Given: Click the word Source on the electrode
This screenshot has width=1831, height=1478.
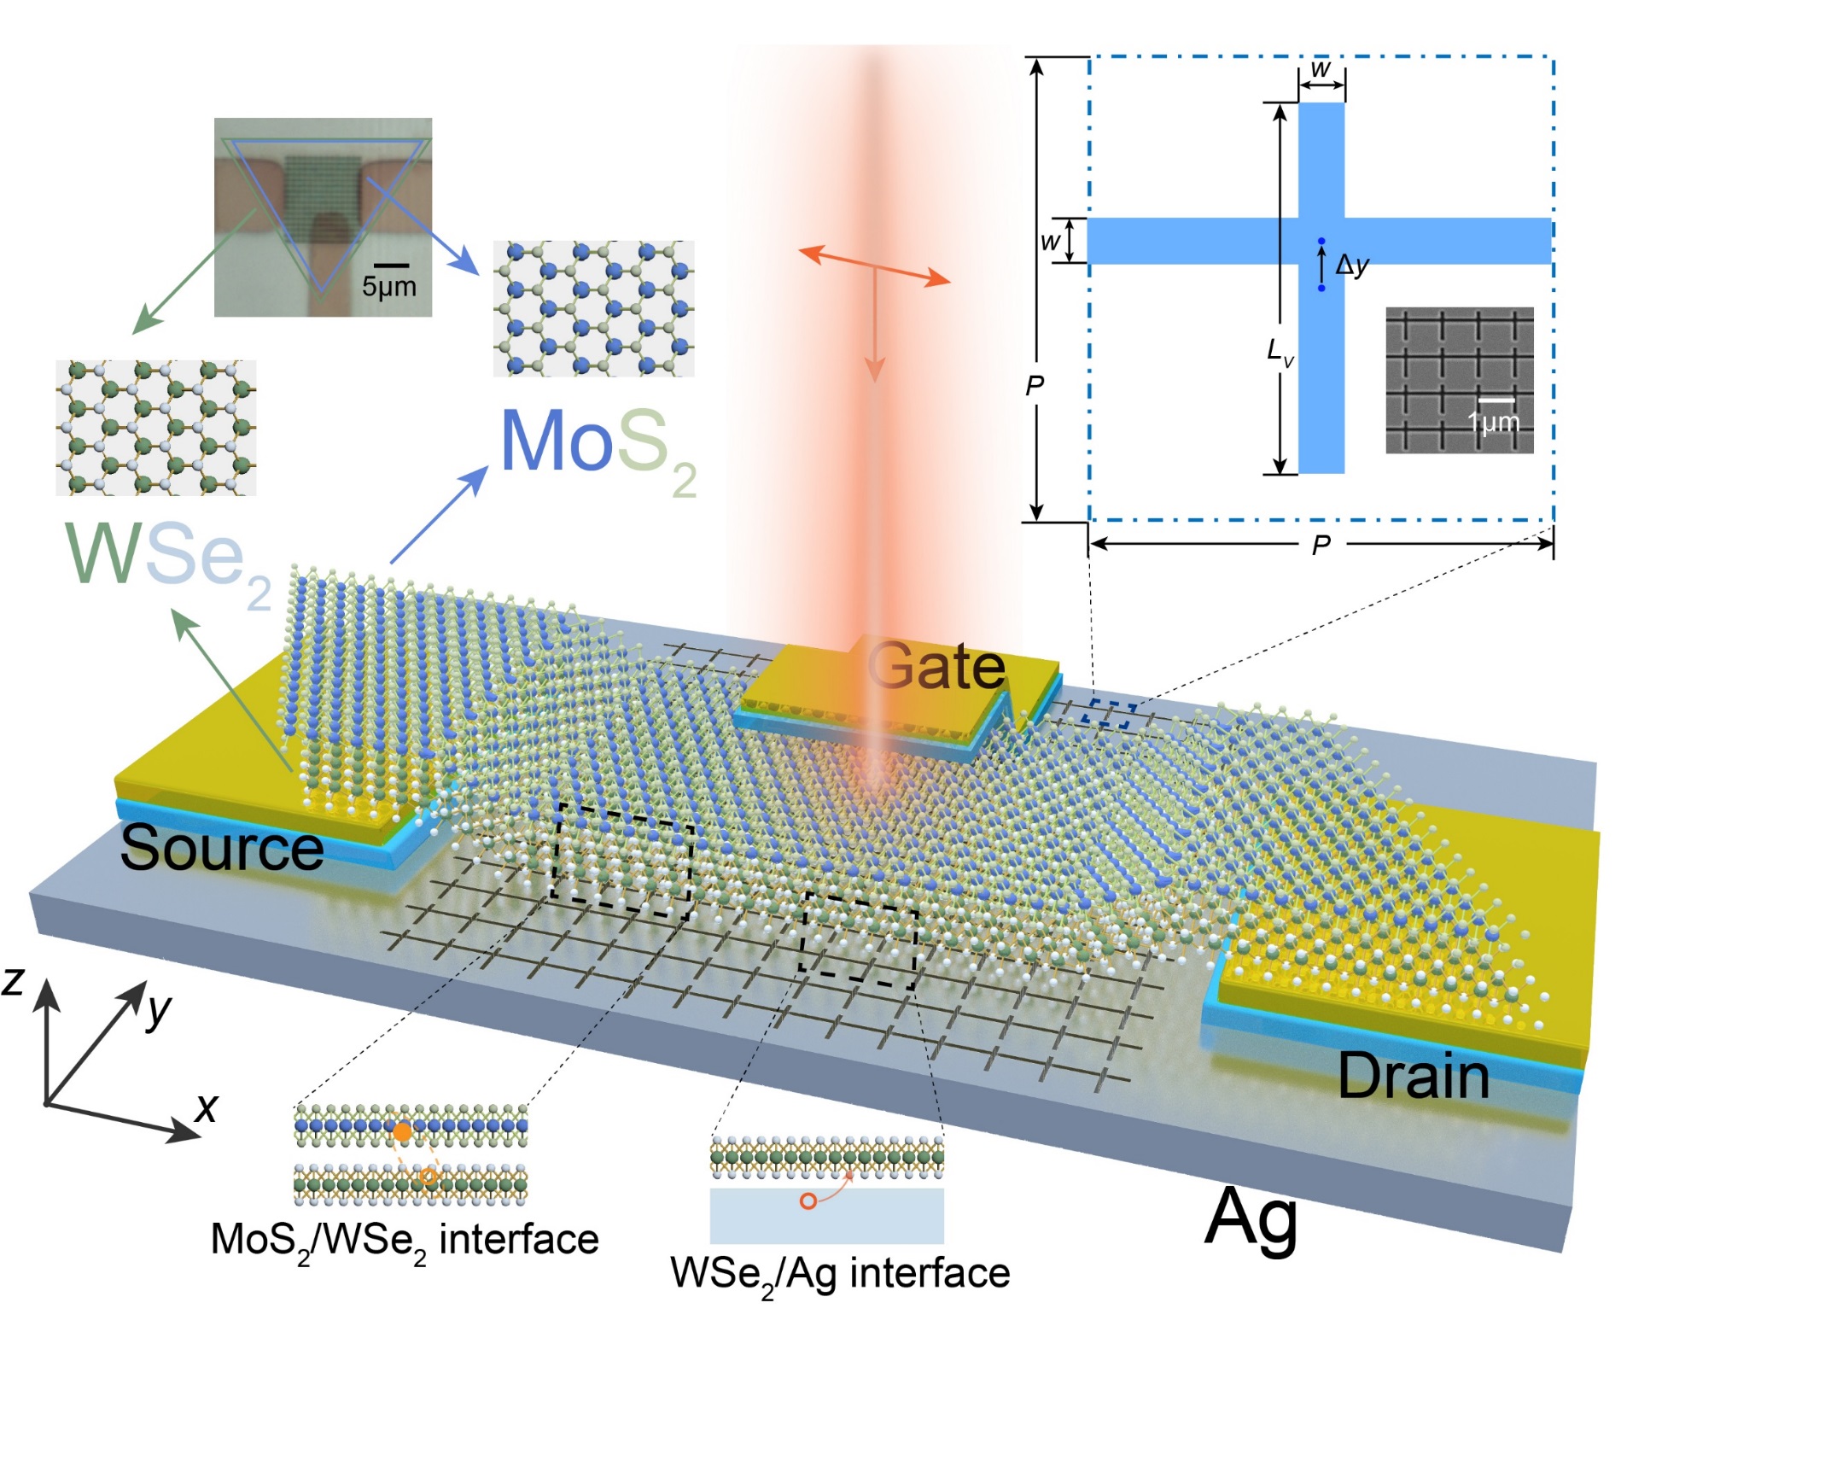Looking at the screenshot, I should [222, 848].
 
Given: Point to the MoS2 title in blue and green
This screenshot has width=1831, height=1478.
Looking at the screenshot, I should [598, 444].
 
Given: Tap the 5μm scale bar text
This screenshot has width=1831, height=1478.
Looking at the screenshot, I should [389, 286].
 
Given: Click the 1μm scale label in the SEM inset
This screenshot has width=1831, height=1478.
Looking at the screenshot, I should [1493, 422].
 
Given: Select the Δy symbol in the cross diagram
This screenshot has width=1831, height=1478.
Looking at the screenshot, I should [1352, 266].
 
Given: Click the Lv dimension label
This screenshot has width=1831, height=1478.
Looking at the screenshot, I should [1280, 351].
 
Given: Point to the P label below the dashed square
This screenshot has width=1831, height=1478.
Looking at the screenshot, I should [1321, 545].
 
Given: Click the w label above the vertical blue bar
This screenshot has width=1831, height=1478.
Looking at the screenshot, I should [1321, 69].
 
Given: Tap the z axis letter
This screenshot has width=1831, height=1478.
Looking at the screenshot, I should [13, 981].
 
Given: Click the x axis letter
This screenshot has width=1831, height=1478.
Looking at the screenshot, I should [207, 1107].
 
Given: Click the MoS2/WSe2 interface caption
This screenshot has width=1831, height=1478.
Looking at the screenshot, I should [405, 1240].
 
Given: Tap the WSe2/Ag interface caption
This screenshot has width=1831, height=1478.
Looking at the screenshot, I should [840, 1274].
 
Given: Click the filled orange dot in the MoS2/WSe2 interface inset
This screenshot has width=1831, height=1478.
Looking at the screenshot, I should [402, 1132].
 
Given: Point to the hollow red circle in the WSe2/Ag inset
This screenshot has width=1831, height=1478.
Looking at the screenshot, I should [808, 1201].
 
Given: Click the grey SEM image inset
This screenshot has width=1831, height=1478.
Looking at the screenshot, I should [1459, 379].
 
